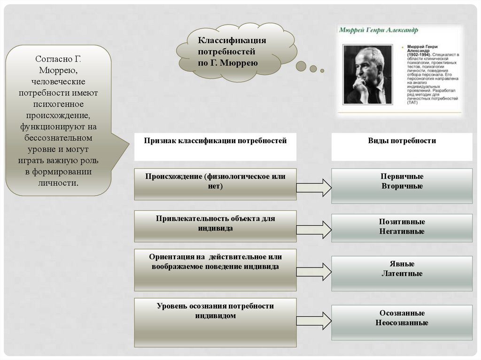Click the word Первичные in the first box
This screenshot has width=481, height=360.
(402, 176)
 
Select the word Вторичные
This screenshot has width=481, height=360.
(402, 186)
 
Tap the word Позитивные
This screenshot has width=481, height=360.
(402, 222)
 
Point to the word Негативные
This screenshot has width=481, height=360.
(402, 231)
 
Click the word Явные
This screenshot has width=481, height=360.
(402, 264)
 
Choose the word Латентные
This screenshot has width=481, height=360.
(402, 273)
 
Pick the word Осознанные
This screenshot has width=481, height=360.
(402, 313)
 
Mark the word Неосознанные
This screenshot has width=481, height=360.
(402, 322)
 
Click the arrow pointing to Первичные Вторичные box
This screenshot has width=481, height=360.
(314, 187)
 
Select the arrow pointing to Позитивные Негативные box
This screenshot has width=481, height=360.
(314, 230)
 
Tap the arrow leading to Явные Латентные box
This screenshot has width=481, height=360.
(314, 272)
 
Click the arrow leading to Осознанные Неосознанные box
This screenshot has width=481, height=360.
(314, 321)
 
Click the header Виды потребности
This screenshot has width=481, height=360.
(402, 141)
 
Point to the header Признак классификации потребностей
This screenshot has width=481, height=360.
(215, 141)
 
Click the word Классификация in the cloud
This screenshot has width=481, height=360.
(232, 41)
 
